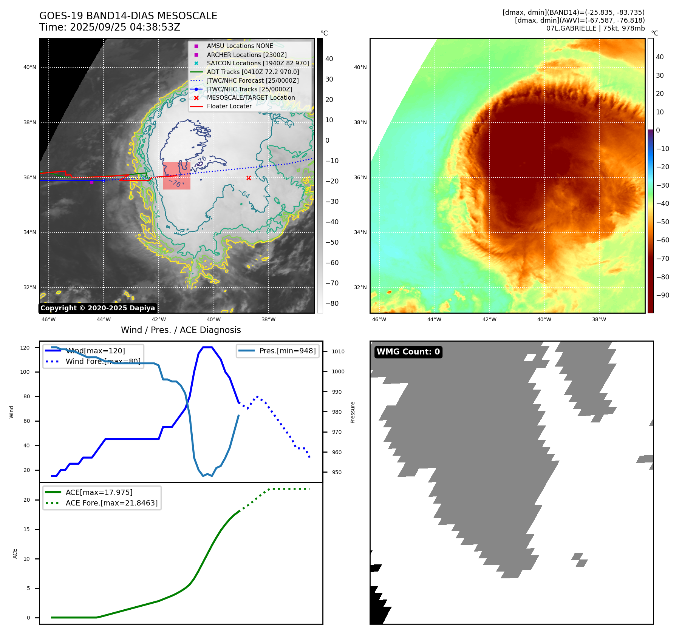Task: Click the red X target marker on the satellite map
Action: (x=249, y=178)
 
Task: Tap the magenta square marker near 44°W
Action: (x=91, y=182)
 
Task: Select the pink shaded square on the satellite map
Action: (x=176, y=176)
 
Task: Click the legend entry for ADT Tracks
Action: (x=253, y=72)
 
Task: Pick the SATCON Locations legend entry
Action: (x=258, y=63)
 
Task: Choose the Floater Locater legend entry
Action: (x=229, y=106)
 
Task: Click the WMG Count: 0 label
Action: (x=408, y=352)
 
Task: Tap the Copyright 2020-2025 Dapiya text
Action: (x=97, y=308)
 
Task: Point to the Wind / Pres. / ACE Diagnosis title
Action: (x=181, y=330)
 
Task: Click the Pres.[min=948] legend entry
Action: (x=287, y=351)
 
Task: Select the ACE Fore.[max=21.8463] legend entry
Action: (x=111, y=503)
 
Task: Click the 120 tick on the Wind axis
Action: (x=25, y=348)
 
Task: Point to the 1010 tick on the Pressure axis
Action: (x=338, y=351)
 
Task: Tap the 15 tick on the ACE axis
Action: (x=26, y=529)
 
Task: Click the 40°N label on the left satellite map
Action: (x=30, y=68)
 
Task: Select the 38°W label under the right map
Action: (x=599, y=319)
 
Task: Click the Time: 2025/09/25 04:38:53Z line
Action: (x=110, y=27)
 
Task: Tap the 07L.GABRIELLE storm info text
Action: (x=595, y=28)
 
